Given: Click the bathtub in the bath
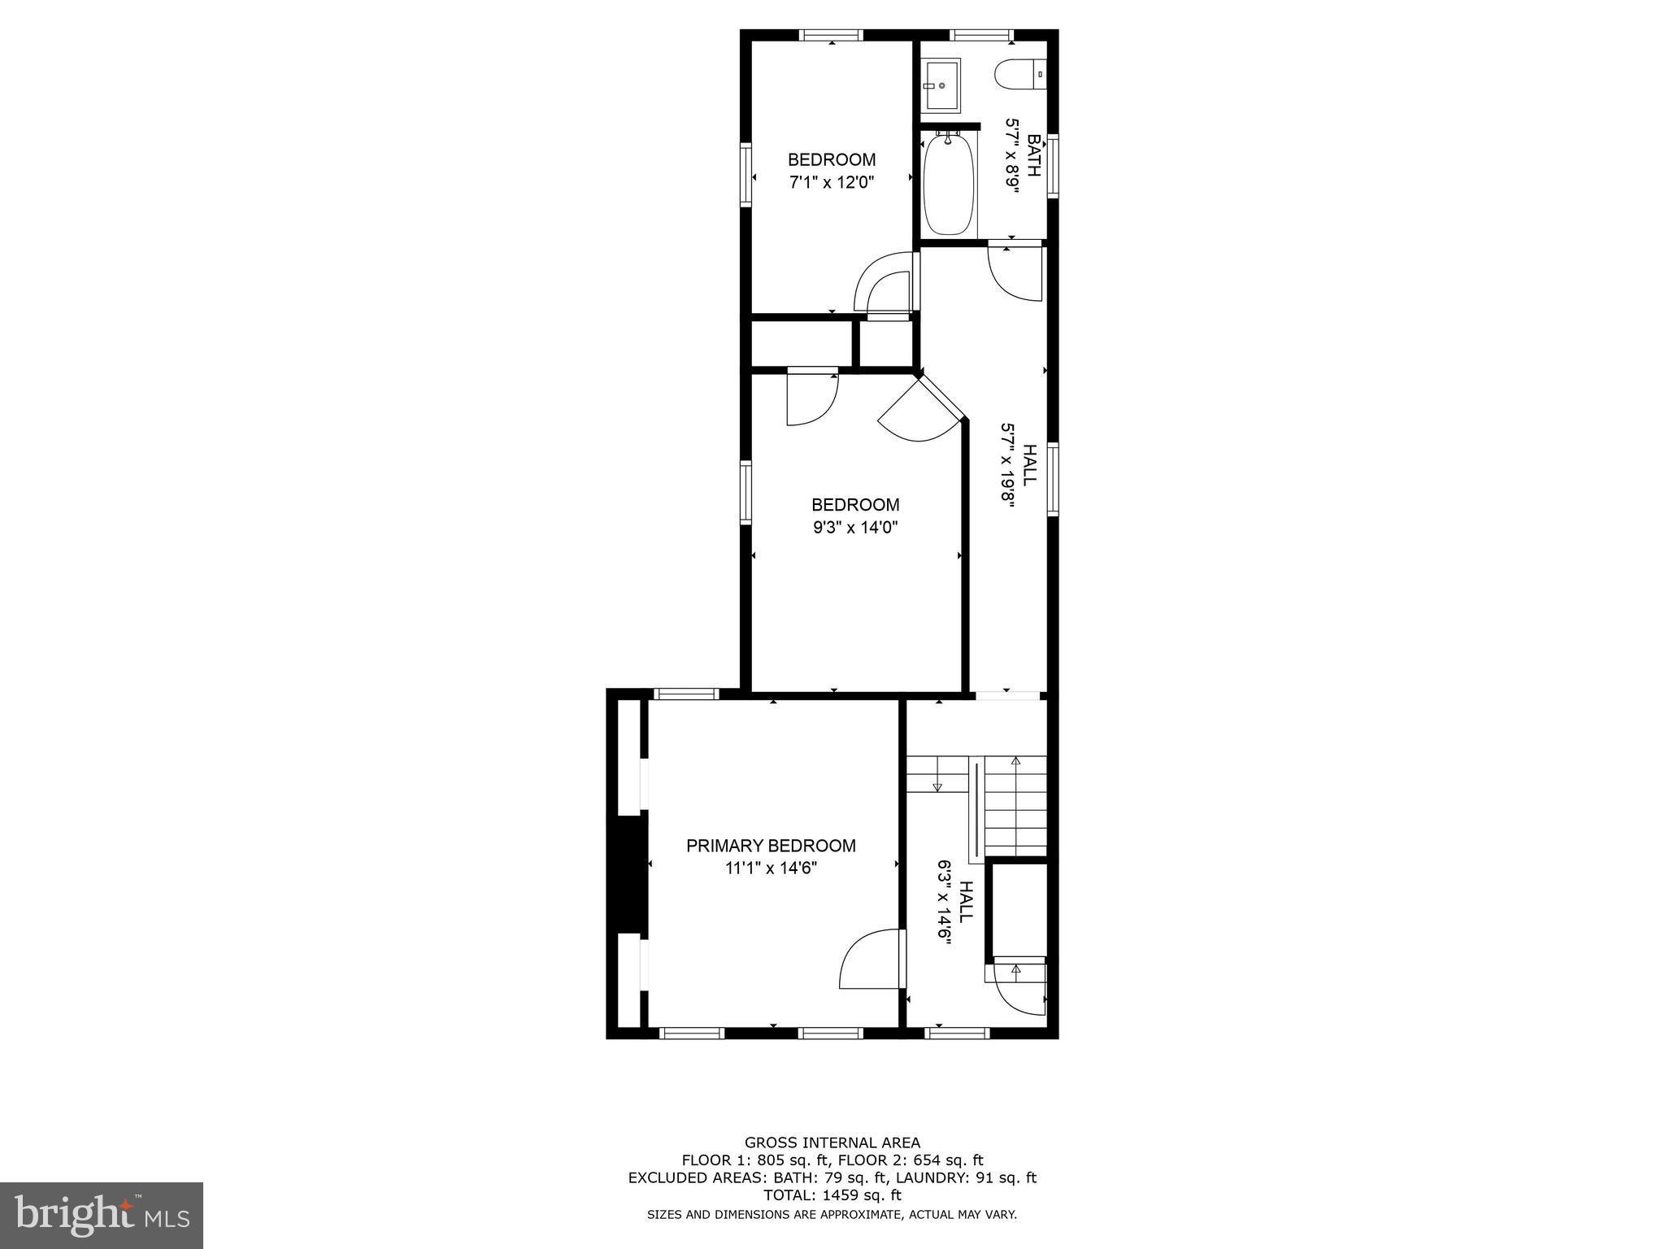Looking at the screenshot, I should point(948,185).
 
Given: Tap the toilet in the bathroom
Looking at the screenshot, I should point(1019,75).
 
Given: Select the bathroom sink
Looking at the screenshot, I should point(941,85).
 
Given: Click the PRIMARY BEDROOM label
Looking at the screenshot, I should point(771,846).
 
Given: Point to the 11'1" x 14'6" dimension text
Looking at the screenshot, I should point(771,868).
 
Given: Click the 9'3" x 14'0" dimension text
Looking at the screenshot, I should point(855,527).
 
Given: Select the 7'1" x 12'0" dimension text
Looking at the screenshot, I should point(831,182).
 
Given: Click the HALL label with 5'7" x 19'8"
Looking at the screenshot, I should point(1028,465).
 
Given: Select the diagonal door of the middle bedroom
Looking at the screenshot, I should point(923,411).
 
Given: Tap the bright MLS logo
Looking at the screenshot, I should point(102,1215).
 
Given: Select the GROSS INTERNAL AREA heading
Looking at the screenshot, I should point(832,1142).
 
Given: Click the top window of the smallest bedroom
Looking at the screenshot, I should point(830,35).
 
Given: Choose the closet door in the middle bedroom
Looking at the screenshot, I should point(812,398).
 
